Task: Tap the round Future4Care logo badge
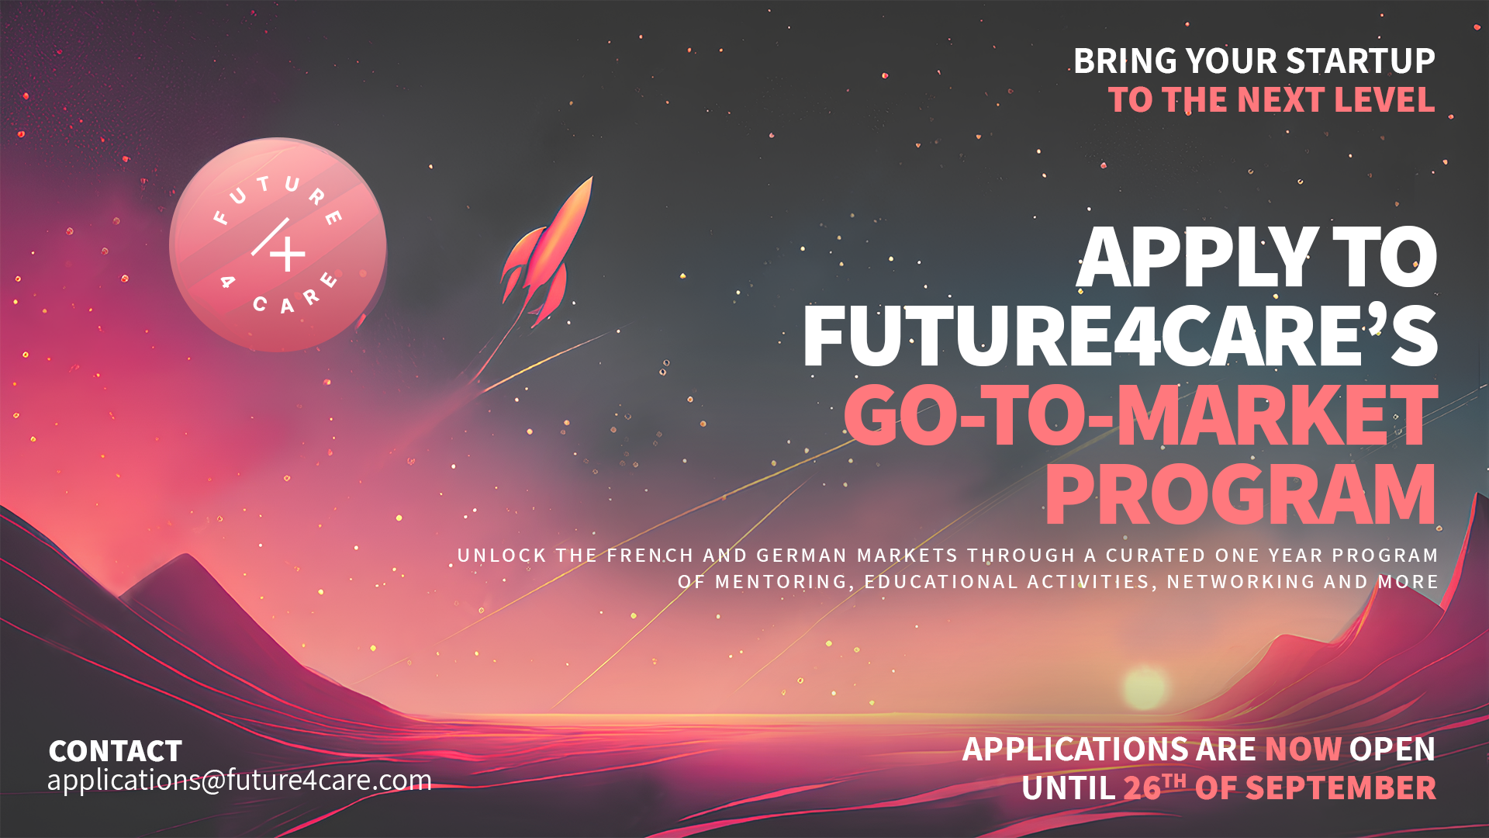278,244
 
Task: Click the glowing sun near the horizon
1144,687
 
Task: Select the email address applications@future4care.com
240,780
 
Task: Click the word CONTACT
116,751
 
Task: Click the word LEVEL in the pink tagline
1384,99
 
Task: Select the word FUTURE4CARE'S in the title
1121,337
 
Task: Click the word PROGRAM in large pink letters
1241,495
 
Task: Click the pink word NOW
1303,749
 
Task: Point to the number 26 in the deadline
1142,788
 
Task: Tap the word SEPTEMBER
1341,788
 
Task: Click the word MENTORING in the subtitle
781,582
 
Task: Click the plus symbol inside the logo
288,253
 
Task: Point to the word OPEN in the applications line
1392,749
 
